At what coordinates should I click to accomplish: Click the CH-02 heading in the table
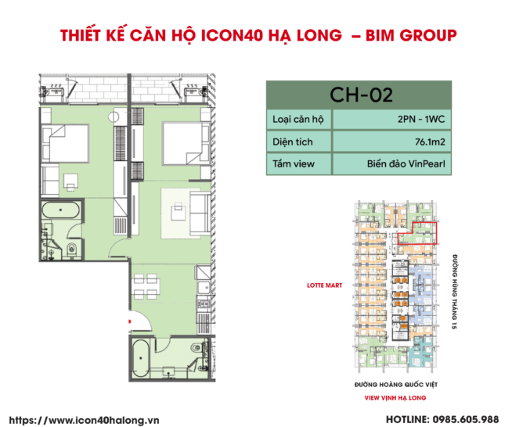pyautogui.click(x=360, y=95)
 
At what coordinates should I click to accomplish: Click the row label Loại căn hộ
pyautogui.click(x=298, y=120)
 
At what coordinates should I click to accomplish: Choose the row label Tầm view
pyautogui.click(x=294, y=165)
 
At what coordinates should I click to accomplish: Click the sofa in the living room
pyautogui.click(x=200, y=209)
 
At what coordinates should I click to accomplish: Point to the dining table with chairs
pyautogui.click(x=146, y=285)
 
